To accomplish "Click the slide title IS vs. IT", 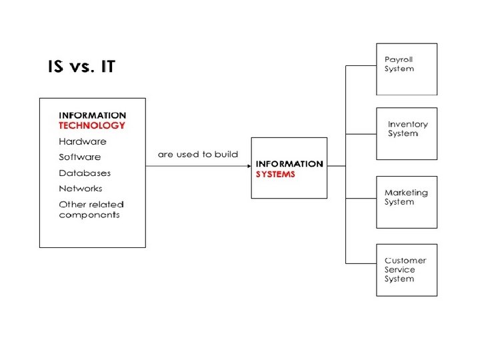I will point(81,67).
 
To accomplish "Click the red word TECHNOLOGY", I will point(91,125).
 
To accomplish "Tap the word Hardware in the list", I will point(82,141).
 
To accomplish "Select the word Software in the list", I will point(80,157).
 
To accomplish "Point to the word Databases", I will point(85,173).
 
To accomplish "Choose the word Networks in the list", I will point(81,189).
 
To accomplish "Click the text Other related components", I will point(91,210).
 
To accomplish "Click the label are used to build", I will point(197,155).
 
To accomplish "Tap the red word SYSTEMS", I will point(275,175).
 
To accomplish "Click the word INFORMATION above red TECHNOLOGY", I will point(92,115).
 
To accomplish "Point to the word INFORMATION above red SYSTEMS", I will point(289,164).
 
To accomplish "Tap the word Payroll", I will point(399,60).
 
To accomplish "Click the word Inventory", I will point(408,125).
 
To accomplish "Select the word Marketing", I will point(406,193).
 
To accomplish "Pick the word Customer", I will point(405,261).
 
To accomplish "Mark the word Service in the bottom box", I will point(399,270).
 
